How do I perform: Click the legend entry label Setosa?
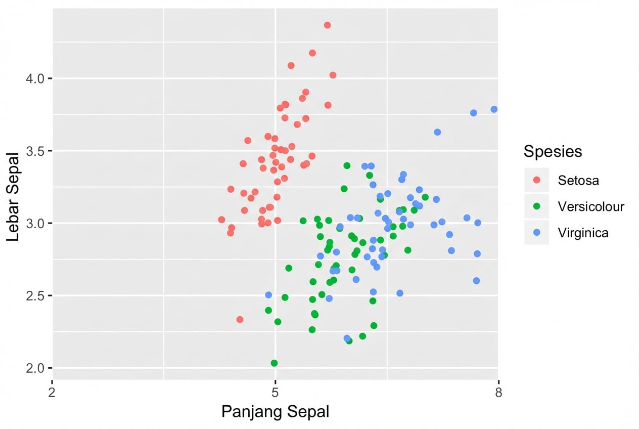pyautogui.click(x=579, y=180)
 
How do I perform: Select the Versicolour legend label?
pyautogui.click(x=591, y=206)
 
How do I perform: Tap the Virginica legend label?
pyautogui.click(x=583, y=233)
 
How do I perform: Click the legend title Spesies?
pyautogui.click(x=553, y=151)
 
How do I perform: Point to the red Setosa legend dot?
pyautogui.click(x=537, y=180)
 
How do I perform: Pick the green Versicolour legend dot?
pyautogui.click(x=537, y=206)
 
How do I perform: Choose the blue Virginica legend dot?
pyautogui.click(x=537, y=233)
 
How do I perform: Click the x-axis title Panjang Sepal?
pyautogui.click(x=275, y=412)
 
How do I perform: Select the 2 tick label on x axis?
pyautogui.click(x=52, y=393)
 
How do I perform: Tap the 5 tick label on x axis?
pyautogui.click(x=275, y=393)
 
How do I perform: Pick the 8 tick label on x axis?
pyautogui.click(x=498, y=393)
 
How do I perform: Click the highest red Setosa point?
pyautogui.click(x=327, y=25)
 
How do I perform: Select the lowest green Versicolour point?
pyautogui.click(x=274, y=363)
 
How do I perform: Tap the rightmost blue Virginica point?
pyautogui.click(x=494, y=109)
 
